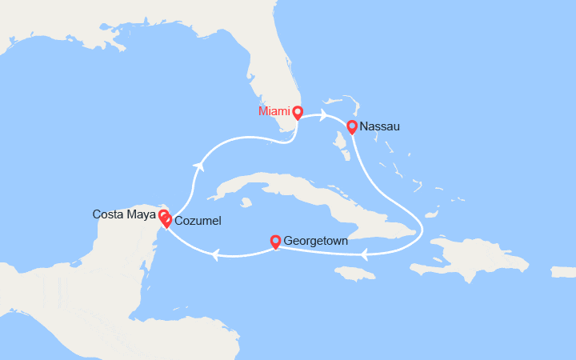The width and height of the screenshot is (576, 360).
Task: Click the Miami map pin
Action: coord(297,112)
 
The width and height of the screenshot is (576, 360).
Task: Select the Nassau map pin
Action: coord(351,126)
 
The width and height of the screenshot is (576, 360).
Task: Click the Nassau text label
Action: coord(379,126)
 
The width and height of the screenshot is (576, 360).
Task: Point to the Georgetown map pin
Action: coord(276,240)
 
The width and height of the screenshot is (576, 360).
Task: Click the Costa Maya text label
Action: coord(124,214)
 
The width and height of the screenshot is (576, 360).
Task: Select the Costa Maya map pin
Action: coord(162,215)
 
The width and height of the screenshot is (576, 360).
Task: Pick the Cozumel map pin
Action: coord(166,221)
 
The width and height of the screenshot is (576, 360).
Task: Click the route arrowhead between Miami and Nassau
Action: coord(323,114)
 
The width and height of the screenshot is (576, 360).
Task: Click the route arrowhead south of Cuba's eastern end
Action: coord(363,255)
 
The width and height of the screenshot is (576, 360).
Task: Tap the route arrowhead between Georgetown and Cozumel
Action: coord(214,255)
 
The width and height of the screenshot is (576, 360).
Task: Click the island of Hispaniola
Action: coord(480,260)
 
